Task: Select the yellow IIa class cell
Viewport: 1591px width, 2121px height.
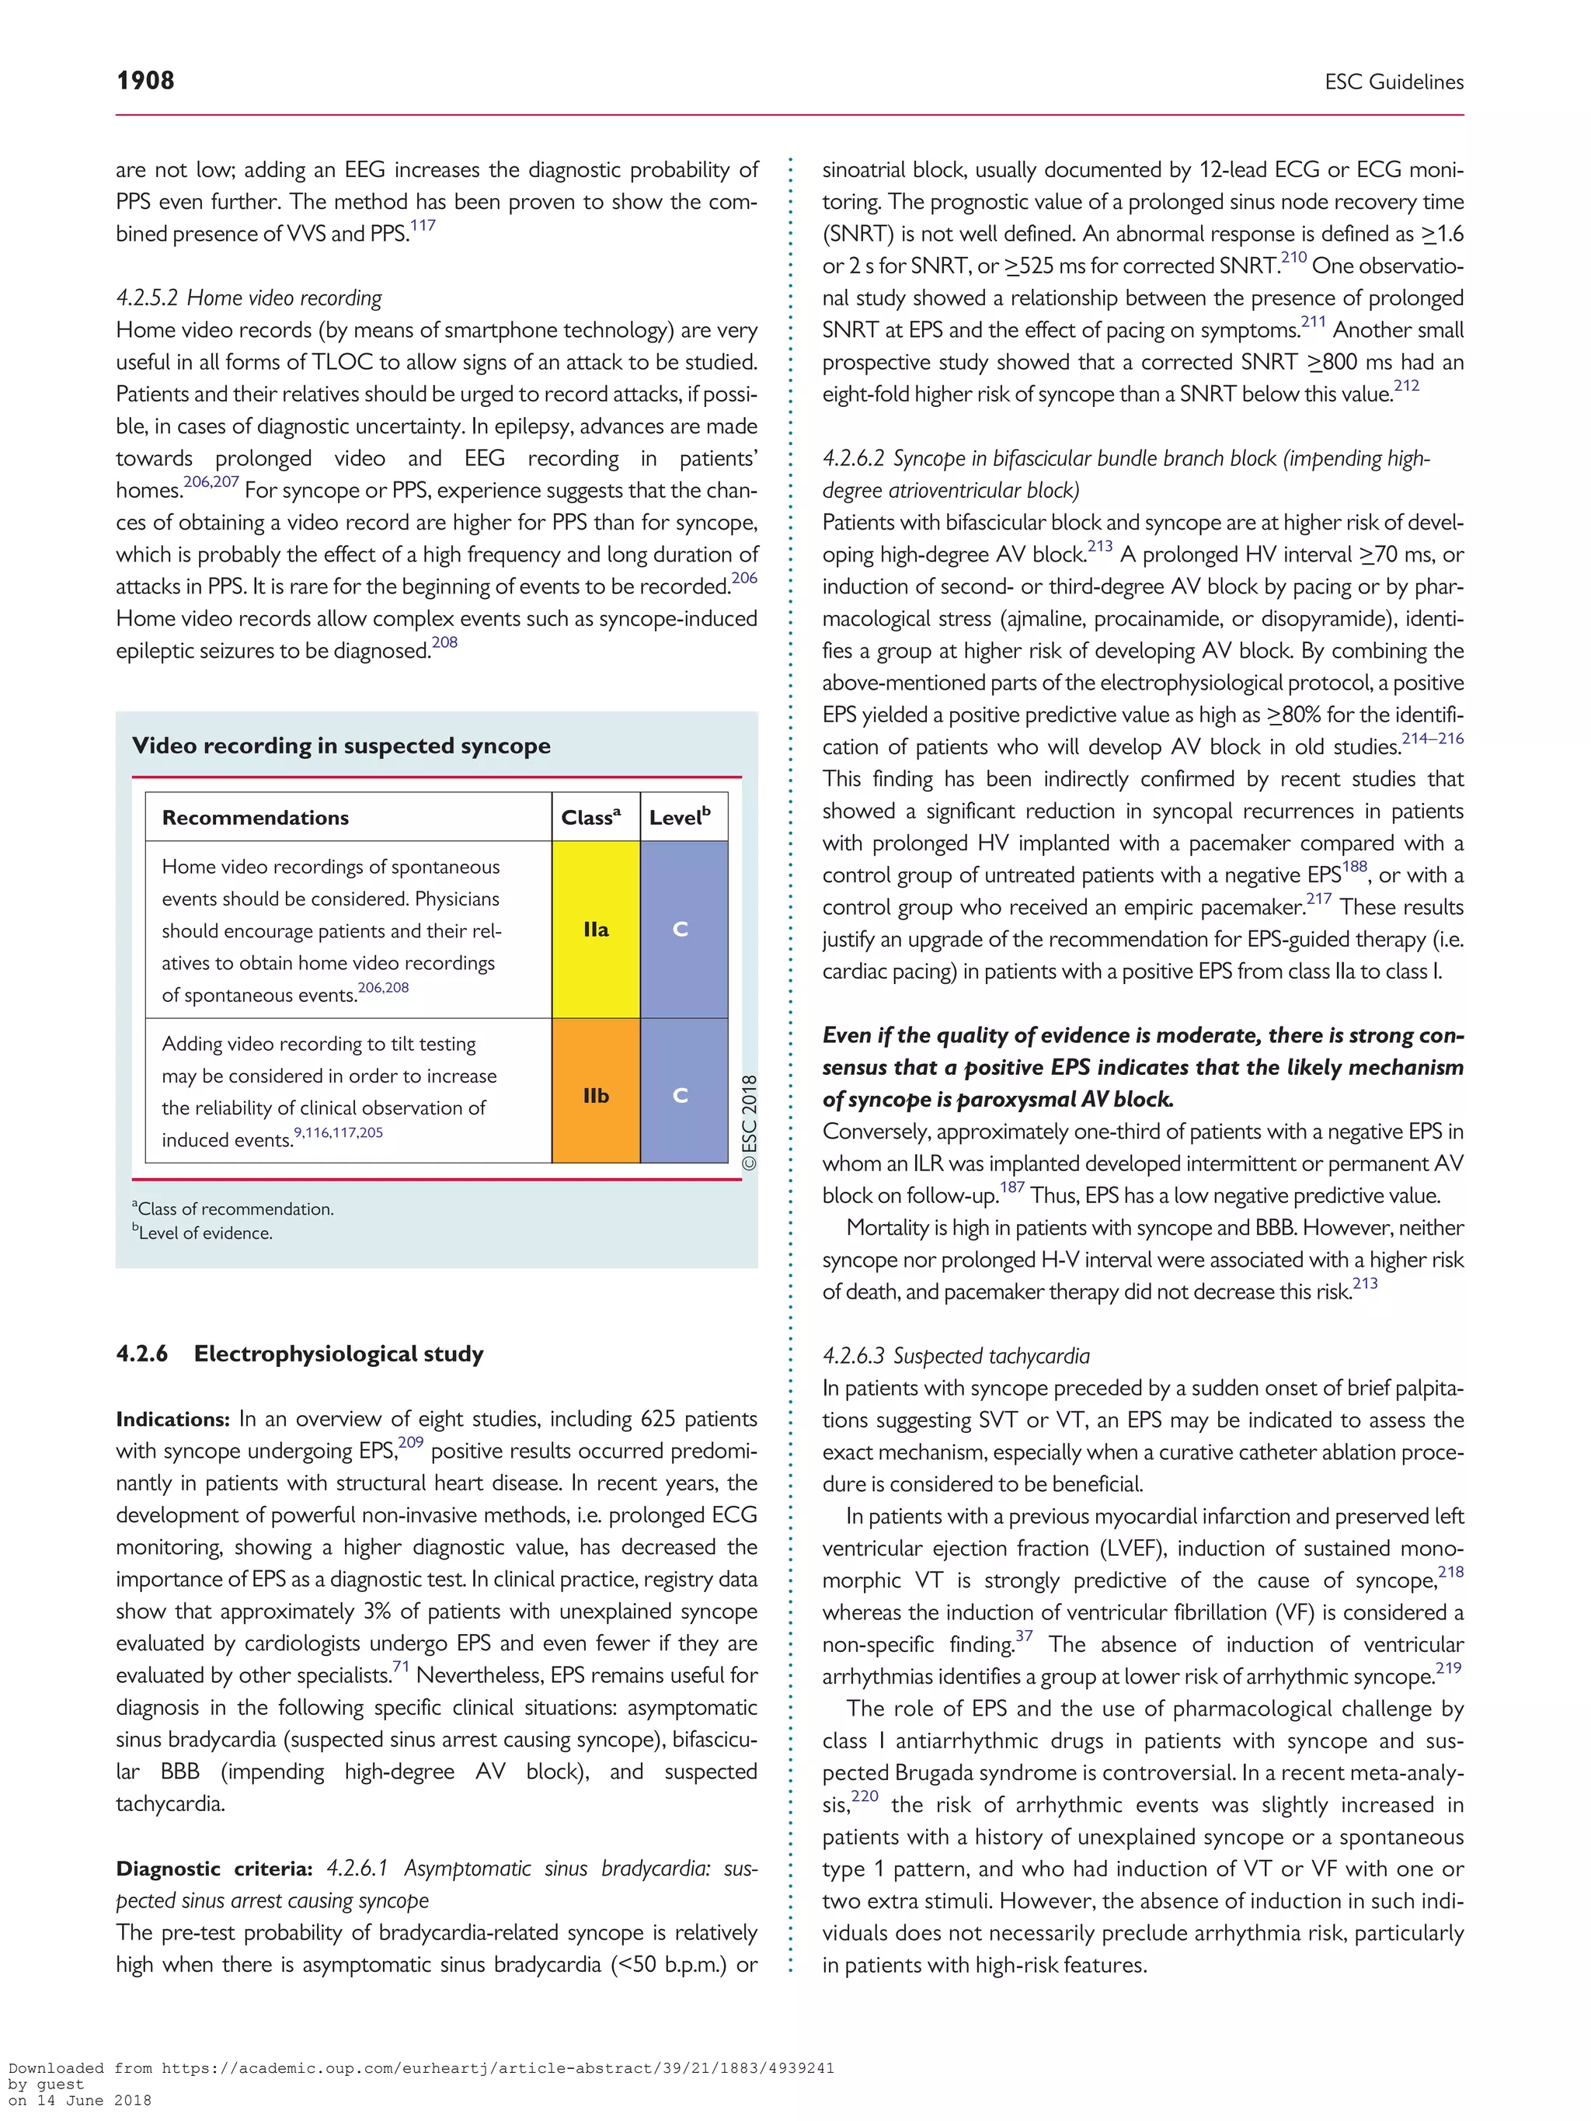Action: (x=596, y=929)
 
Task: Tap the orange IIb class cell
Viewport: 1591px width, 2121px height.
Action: (x=596, y=1095)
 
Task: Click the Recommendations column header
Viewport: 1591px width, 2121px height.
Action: (x=255, y=818)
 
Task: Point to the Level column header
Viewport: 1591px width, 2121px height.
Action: (x=679, y=817)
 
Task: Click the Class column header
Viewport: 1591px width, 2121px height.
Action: (x=590, y=817)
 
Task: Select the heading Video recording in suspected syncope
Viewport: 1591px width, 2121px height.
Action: (x=341, y=746)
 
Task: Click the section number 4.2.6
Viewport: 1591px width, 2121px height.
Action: (x=142, y=1354)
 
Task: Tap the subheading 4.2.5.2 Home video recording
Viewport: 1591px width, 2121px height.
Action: (x=249, y=298)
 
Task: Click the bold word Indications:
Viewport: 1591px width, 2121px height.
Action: (x=172, y=1419)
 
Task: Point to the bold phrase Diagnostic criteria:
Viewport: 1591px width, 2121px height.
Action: (x=214, y=1869)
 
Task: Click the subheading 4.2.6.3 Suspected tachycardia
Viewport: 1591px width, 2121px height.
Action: (x=956, y=1356)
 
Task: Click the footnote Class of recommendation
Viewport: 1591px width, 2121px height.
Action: (x=234, y=1209)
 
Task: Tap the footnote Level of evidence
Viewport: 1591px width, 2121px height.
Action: (x=204, y=1233)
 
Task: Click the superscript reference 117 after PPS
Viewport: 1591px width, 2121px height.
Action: (x=423, y=226)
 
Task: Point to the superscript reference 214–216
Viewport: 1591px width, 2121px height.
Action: (x=1432, y=739)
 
